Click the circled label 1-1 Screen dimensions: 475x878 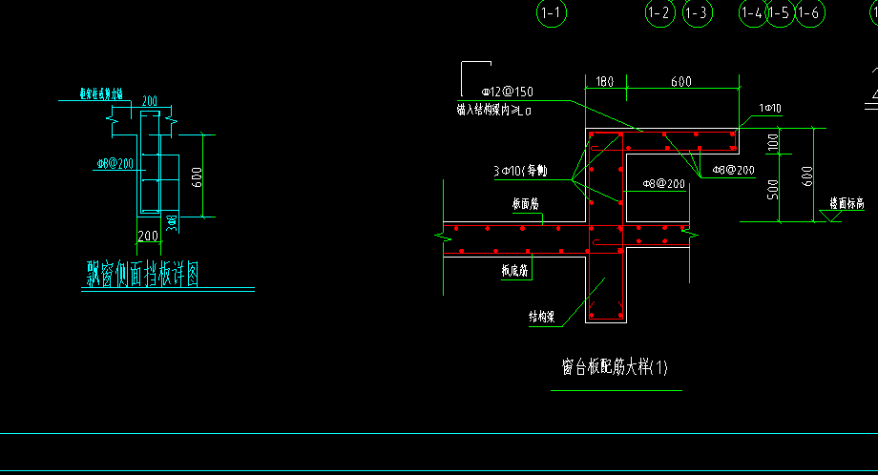(x=552, y=12)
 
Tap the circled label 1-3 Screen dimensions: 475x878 (x=697, y=12)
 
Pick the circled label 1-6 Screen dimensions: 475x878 (x=809, y=12)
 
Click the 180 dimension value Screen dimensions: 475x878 (x=604, y=82)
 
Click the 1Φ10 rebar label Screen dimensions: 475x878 (x=770, y=109)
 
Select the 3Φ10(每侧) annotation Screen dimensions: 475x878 (x=520, y=172)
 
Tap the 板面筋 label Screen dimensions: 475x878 (x=526, y=204)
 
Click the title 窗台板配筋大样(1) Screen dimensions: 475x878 (x=616, y=367)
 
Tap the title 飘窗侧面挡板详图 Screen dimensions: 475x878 (x=142, y=275)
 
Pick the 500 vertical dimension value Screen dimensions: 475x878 (x=773, y=188)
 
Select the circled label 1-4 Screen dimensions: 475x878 (x=752, y=12)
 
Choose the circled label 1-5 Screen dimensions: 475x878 (x=779, y=12)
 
